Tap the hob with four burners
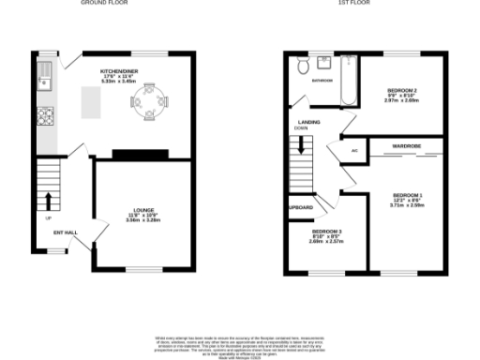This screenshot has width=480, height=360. click(44, 117)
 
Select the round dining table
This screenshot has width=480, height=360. click(150, 99)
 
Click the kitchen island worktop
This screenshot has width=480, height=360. click(92, 103)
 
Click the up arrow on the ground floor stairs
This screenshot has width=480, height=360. click(48, 202)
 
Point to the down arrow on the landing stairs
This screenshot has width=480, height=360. click(301, 145)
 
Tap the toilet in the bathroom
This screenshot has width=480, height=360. click(303, 67)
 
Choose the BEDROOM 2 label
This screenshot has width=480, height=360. click(401, 90)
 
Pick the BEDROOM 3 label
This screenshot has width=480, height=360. click(326, 231)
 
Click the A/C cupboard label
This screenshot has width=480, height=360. click(354, 150)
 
